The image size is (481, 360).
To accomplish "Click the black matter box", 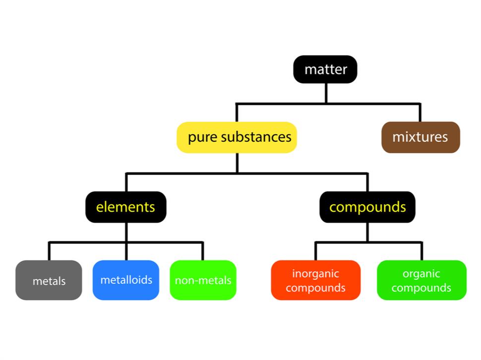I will coord(325,69).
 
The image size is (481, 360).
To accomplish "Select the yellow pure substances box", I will coord(237,137).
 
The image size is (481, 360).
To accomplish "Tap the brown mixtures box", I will coord(421,137).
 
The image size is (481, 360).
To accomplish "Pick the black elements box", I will coord(125,207).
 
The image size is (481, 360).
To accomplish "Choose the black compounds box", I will coord(367,207).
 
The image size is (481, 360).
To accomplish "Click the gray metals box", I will coord(49,280).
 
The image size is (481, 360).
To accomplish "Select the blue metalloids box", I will coord(126,280).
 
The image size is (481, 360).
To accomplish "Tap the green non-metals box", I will coord(203,280).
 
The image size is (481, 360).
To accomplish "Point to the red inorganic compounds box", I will coord(315,280).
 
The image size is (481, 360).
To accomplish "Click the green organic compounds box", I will coord(421,280).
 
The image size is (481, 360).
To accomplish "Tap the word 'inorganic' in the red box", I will coord(315,274).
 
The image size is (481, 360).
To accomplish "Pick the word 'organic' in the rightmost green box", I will coord(421,274).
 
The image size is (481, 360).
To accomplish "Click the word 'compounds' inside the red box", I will coord(315,288).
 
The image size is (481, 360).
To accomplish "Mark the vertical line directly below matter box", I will coord(326,93).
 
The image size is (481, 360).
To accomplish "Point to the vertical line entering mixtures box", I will coord(420,113).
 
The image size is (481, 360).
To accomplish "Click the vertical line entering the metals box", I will coord(49,251).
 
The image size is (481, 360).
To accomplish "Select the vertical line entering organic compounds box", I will coord(421,251).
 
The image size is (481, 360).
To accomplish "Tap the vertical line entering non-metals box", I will coord(203,251).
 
